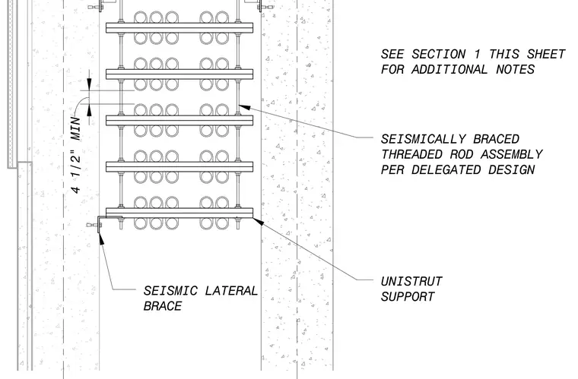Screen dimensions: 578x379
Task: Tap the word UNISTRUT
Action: [x=411, y=282]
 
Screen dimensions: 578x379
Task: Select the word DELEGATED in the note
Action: [x=446, y=169]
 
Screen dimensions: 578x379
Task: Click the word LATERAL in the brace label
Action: [x=231, y=291]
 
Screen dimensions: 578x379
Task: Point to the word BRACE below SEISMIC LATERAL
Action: [x=163, y=306]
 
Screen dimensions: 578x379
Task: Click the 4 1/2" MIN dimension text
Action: [x=76, y=155]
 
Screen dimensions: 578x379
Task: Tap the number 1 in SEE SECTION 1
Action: [x=477, y=54]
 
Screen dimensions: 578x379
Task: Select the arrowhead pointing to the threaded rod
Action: [x=244, y=107]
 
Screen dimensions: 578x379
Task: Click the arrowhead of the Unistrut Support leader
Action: [x=258, y=222]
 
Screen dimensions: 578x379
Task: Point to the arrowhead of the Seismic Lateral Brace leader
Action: [x=101, y=238]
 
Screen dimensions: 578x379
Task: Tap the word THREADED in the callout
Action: [x=411, y=154]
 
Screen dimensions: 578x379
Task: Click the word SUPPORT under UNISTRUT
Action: [x=408, y=296]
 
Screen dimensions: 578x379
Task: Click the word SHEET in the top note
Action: [x=546, y=54]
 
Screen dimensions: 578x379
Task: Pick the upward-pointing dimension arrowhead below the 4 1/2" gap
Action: [x=89, y=110]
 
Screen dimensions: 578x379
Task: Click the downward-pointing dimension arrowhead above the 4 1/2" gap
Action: [x=89, y=84]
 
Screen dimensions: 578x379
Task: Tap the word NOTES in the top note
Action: [x=516, y=69]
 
